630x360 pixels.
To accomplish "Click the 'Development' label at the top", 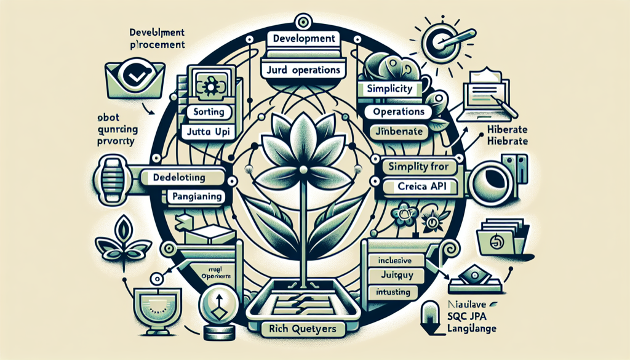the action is click(302, 38).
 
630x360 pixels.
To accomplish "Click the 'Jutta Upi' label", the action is click(207, 132).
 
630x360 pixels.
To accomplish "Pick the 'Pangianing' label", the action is click(196, 198).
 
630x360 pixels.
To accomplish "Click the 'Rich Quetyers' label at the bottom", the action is click(302, 329).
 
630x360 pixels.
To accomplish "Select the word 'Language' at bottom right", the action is click(468, 330).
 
